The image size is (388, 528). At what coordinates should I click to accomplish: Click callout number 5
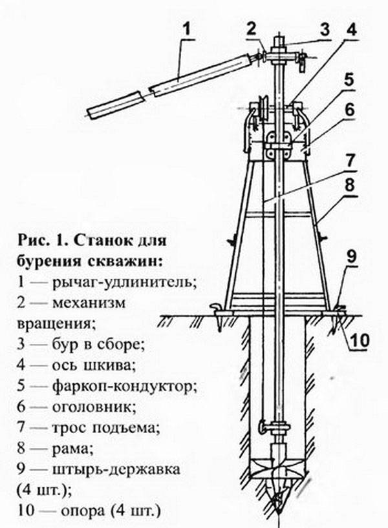(x=350, y=79)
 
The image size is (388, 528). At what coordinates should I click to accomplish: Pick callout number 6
(x=350, y=108)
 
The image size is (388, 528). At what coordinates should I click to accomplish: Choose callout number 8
(x=350, y=185)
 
